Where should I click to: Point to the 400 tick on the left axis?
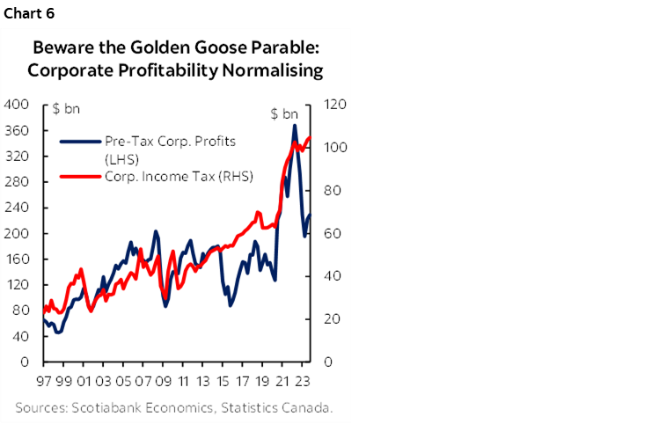pos(17,105)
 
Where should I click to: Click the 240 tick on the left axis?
pos(17,208)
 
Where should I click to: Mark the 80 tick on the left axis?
pos(20,311)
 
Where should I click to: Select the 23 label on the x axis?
pos(302,383)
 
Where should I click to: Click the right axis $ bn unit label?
pos(283,113)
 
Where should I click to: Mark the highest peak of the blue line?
pos(294,126)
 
